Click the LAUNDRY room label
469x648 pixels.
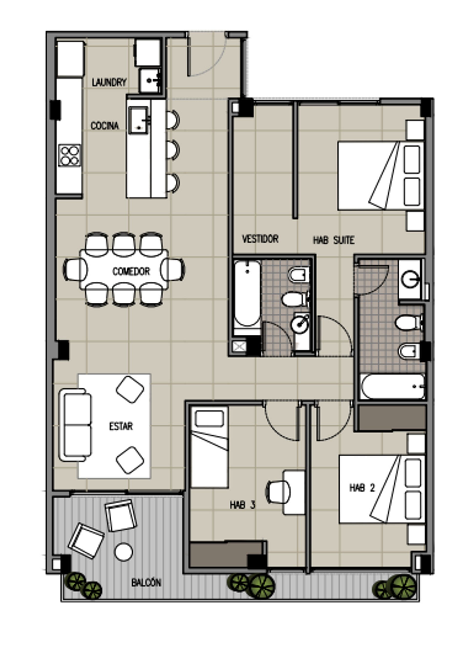coord(109,82)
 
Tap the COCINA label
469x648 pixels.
coord(105,126)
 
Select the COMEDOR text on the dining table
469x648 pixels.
coord(131,271)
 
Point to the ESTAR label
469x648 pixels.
coord(121,426)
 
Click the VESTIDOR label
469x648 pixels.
coord(260,239)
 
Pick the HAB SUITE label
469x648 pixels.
coord(334,240)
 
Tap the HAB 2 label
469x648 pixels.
coord(362,488)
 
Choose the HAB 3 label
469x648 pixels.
coord(242,505)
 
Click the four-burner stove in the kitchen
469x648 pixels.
coord(70,155)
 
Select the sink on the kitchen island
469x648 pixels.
coord(139,120)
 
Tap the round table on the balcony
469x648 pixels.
coord(124,552)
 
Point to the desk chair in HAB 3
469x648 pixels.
coord(278,492)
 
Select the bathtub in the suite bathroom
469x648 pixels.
coord(247,297)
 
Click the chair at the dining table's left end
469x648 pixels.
coord(75,270)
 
